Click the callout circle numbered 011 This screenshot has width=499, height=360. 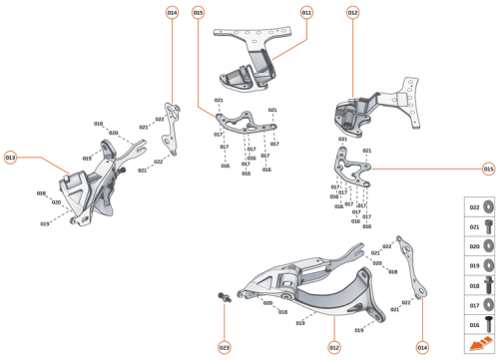point(306,13)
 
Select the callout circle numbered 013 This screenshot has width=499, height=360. point(11,158)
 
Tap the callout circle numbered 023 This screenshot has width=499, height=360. point(225,347)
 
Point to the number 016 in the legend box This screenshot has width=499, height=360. point(475,325)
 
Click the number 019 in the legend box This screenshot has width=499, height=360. point(475,266)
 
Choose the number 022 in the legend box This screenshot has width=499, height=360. point(475,207)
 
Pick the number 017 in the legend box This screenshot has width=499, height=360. point(475,305)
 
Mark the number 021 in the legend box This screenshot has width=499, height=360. point(475,227)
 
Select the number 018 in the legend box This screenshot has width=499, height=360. point(475,285)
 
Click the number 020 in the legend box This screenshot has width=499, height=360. point(475,246)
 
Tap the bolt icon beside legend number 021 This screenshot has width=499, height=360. point(490,227)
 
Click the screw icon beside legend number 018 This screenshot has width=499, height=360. point(490,285)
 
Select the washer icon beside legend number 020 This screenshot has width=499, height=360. point(490,246)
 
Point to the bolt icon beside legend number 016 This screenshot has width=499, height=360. point(490,325)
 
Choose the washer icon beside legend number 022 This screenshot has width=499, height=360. point(490,207)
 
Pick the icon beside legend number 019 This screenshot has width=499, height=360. point(490,266)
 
